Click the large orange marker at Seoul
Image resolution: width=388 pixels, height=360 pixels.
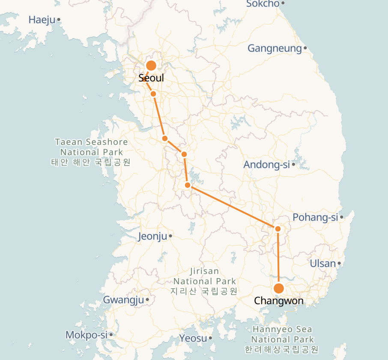pyautogui.click(x=151, y=66)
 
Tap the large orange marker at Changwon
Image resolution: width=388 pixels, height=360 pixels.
pyautogui.click(x=279, y=288)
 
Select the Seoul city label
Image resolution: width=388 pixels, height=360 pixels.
pyautogui.click(x=151, y=78)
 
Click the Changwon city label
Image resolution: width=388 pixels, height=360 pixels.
pyautogui.click(x=279, y=301)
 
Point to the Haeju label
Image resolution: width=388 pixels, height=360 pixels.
pyautogui.click(x=42, y=19)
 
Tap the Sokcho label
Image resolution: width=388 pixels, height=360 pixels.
pyautogui.click(x=263, y=4)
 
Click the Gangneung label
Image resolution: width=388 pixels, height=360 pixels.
pyautogui.click(x=275, y=48)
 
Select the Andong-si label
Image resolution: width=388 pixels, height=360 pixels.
pyautogui.click(x=267, y=165)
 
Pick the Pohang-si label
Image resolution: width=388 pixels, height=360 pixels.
pyautogui.click(x=316, y=217)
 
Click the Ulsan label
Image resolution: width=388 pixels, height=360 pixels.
pyautogui.click(x=323, y=263)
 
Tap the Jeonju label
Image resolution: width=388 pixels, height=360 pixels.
pyautogui.click(x=152, y=236)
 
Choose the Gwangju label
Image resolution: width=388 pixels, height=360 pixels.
pyautogui.click(x=123, y=300)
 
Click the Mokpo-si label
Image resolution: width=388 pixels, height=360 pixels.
pyautogui.click(x=86, y=335)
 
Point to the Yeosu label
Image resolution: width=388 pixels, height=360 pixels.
pyautogui.click(x=194, y=338)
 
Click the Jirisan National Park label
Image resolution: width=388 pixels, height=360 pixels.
pyautogui.click(x=205, y=281)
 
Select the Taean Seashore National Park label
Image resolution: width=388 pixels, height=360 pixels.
pyautogui.click(x=91, y=152)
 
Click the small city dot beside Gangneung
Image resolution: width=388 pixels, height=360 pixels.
pyautogui.click(x=305, y=48)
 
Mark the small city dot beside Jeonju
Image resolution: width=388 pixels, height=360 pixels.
pyautogui.click(x=170, y=236)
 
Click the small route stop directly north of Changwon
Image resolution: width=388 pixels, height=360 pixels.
pyautogui.click(x=278, y=229)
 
